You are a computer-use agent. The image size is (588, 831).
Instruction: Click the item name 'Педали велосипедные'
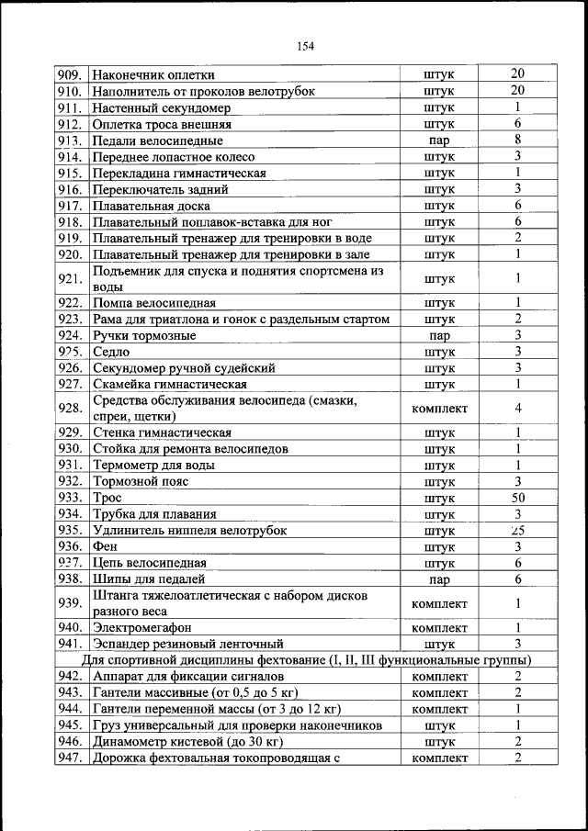157,141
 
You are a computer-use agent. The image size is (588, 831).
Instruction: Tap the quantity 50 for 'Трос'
518,498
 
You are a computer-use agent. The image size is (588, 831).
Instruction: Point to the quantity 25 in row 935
518,531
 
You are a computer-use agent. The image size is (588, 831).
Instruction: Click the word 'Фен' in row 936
104,547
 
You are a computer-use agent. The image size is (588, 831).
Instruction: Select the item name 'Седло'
111,352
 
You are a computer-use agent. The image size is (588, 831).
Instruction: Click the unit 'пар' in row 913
439,141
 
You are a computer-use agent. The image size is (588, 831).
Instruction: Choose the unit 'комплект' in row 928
439,409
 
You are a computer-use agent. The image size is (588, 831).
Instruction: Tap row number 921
70,279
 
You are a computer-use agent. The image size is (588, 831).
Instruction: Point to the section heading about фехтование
306,659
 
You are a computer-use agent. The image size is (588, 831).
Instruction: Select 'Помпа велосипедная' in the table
154,302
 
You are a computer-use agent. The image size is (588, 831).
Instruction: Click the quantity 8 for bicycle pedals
518,140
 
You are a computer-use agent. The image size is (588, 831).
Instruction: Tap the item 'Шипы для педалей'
148,579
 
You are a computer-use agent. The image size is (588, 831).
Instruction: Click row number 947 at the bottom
70,758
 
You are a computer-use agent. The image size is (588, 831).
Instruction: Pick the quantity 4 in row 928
518,409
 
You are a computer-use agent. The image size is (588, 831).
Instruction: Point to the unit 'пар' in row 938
439,580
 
